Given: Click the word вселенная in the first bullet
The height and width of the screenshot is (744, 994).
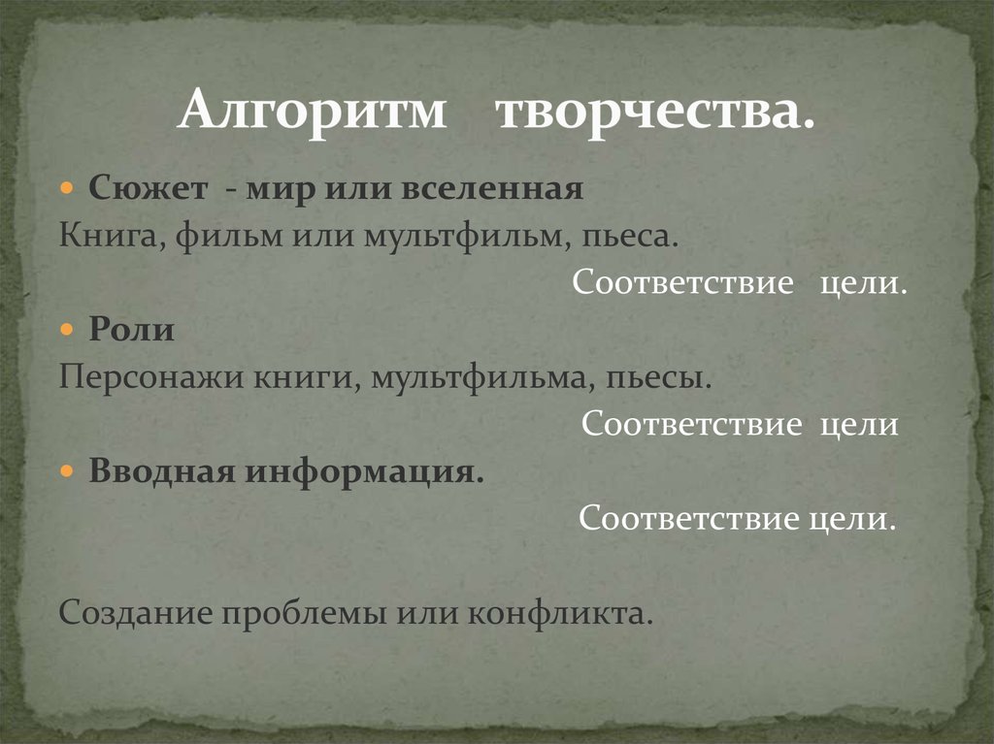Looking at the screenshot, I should (502, 188).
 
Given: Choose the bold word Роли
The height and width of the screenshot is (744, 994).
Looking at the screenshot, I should (132, 331).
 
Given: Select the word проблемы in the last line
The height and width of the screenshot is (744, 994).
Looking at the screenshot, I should (305, 613).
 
